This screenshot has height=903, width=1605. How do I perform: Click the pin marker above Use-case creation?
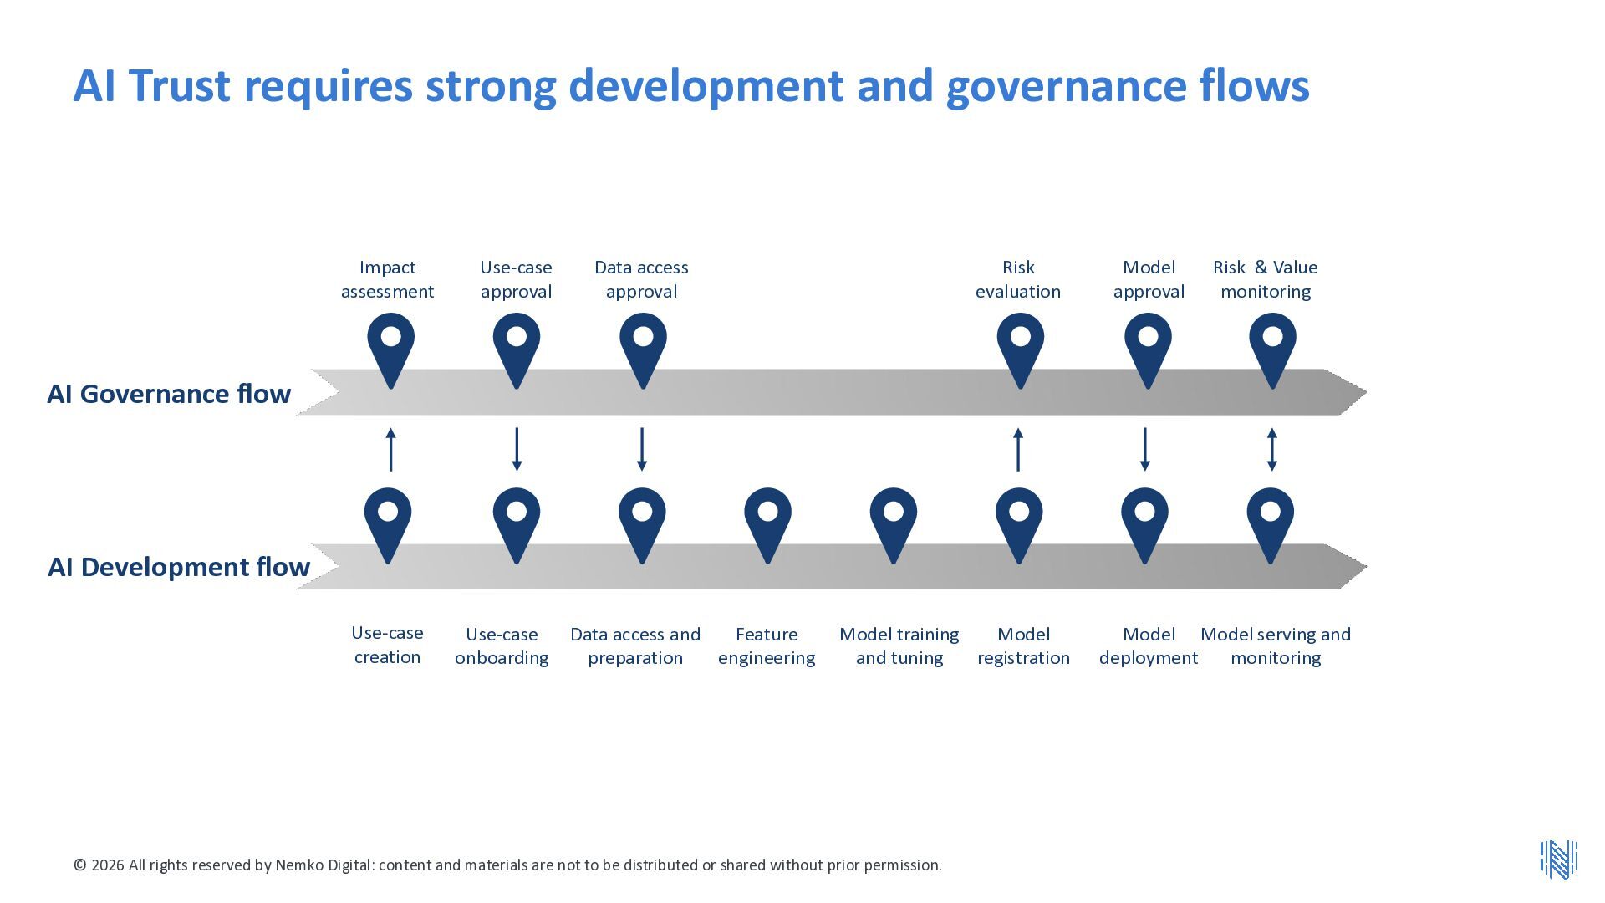(x=388, y=525)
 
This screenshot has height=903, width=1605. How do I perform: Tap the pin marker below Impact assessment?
(x=390, y=350)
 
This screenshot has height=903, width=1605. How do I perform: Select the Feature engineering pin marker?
(x=767, y=525)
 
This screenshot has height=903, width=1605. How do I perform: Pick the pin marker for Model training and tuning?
(x=894, y=525)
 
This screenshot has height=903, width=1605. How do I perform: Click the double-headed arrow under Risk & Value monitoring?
(x=1271, y=450)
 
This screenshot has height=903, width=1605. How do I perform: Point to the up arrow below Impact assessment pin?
(x=390, y=450)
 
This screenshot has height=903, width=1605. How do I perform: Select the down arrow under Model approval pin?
(x=1145, y=450)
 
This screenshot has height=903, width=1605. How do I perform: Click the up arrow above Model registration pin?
(x=1018, y=450)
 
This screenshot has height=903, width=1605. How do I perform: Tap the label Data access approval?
(x=641, y=279)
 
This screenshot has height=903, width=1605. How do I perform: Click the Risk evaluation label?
(x=1018, y=279)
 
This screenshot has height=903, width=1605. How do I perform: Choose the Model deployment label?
(x=1149, y=646)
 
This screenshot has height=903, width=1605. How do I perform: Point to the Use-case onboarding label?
(x=502, y=646)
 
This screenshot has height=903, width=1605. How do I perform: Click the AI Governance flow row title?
(x=169, y=394)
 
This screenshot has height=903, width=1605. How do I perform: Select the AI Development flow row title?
(x=179, y=567)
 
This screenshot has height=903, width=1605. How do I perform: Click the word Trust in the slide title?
(x=179, y=85)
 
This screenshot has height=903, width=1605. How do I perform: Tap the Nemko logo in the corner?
(x=1559, y=860)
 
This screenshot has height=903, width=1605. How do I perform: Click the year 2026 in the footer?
(x=108, y=865)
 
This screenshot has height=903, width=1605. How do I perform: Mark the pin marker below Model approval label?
(x=1148, y=350)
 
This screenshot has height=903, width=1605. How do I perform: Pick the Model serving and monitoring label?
(x=1276, y=646)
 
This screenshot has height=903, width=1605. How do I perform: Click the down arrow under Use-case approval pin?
(x=517, y=450)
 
